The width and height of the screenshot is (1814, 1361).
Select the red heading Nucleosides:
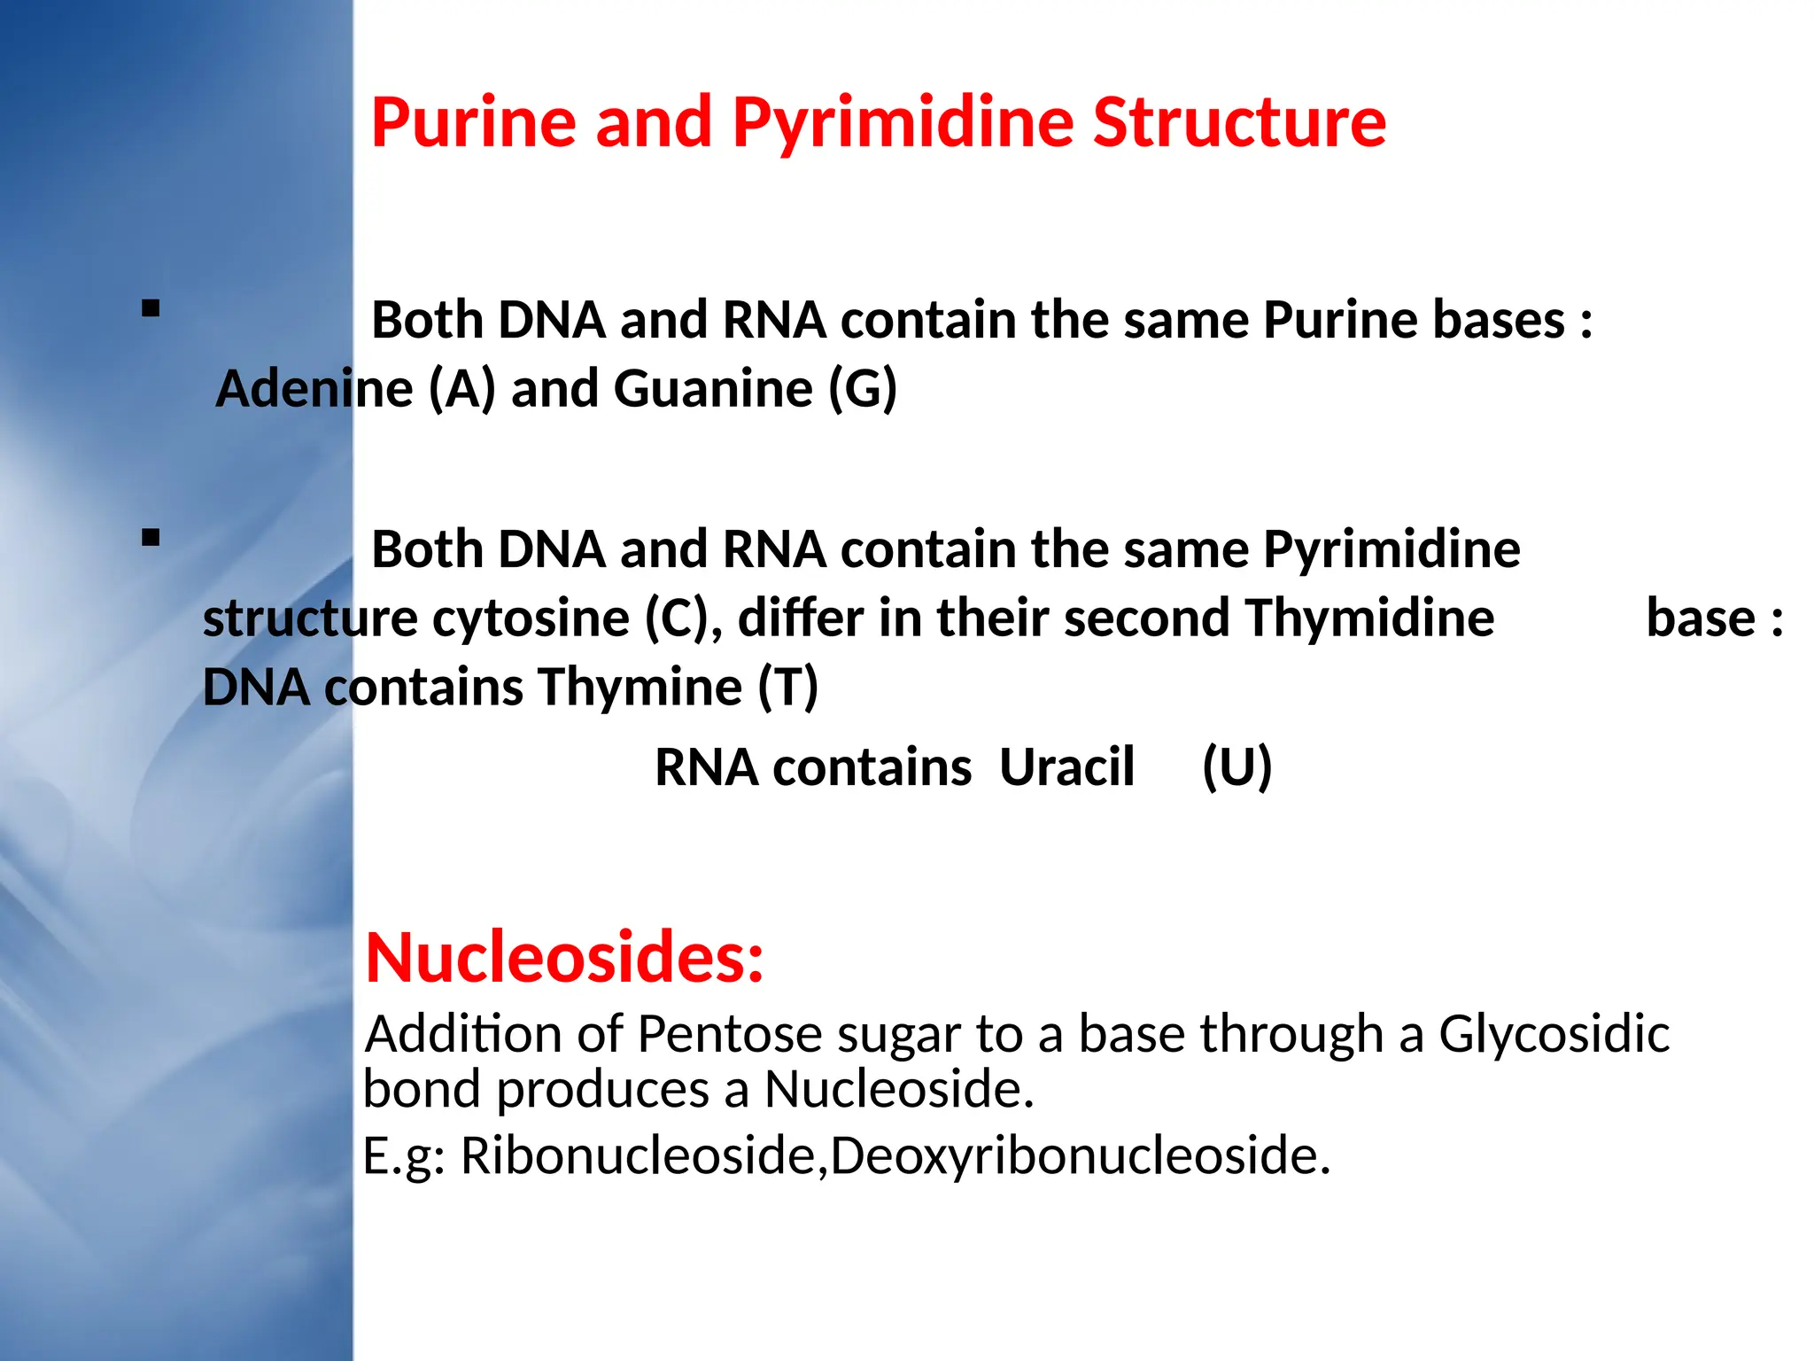click(x=564, y=958)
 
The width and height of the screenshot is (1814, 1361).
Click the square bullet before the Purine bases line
click(x=151, y=308)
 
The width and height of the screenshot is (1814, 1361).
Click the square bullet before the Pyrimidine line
click(x=151, y=537)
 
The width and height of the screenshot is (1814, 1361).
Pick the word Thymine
click(x=640, y=687)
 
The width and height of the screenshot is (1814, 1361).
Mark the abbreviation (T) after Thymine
click(x=788, y=687)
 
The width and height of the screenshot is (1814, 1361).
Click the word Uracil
click(x=1066, y=766)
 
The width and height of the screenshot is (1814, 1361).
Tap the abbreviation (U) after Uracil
click(x=1236, y=766)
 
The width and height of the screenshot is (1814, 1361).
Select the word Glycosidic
click(x=1554, y=1034)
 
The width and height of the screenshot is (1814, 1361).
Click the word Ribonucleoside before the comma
click(x=638, y=1155)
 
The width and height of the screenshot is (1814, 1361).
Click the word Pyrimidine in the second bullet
click(x=1392, y=549)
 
